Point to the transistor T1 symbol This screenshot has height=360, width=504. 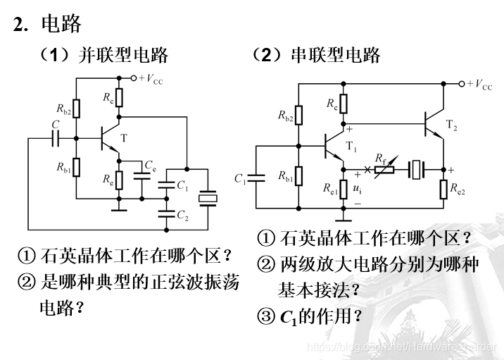(x=334, y=147)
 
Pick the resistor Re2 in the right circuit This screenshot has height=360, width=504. (x=445, y=190)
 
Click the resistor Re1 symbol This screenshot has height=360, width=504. (x=343, y=189)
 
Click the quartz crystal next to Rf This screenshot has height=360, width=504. (x=417, y=170)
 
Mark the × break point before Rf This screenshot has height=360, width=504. (x=367, y=170)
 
